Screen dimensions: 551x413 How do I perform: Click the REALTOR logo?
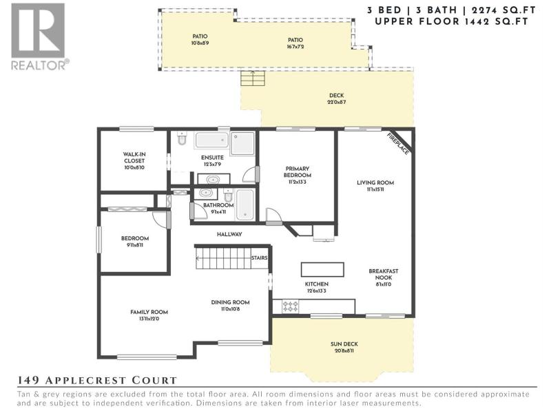pyautogui.click(x=39, y=36)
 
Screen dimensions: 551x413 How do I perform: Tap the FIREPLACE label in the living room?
pyautogui.click(x=398, y=144)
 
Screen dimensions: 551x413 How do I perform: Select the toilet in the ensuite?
pyautogui.click(x=182, y=138)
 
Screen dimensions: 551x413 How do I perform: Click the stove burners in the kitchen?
pyautogui.click(x=290, y=306)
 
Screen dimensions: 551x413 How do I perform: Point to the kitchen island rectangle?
pyautogui.click(x=322, y=269)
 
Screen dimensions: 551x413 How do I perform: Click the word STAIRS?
pyautogui.click(x=260, y=257)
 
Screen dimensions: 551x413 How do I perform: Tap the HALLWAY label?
pyautogui.click(x=229, y=234)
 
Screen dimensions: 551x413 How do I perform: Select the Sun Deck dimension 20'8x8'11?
pyautogui.click(x=344, y=351)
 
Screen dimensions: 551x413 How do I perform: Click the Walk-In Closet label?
pyautogui.click(x=134, y=158)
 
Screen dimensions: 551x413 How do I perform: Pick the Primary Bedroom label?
pyautogui.click(x=298, y=171)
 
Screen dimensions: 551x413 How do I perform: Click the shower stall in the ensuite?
pyautogui.click(x=242, y=143)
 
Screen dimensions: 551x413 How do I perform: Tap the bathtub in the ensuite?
pyautogui.click(x=212, y=140)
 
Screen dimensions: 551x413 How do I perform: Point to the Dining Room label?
pyautogui.click(x=230, y=302)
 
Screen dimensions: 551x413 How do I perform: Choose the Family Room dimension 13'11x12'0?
pyautogui.click(x=149, y=319)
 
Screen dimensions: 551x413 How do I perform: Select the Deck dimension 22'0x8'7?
pyautogui.click(x=337, y=102)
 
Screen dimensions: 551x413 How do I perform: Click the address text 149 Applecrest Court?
pyautogui.click(x=97, y=380)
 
